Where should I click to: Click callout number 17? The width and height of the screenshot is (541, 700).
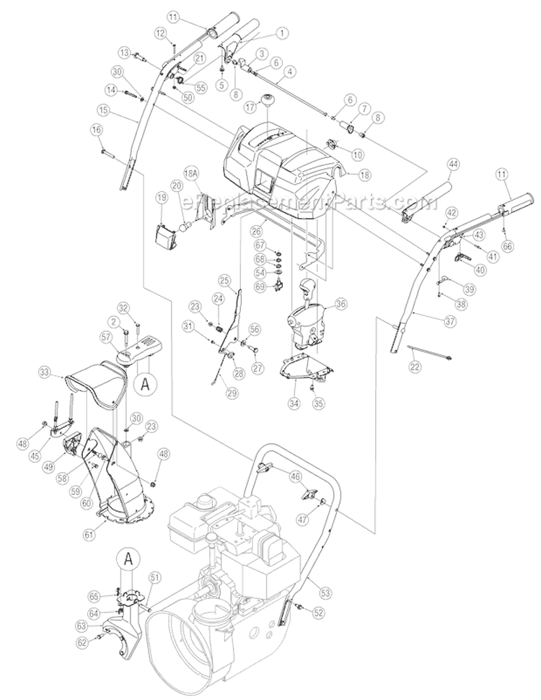(250, 105)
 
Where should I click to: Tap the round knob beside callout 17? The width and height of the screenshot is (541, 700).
(272, 100)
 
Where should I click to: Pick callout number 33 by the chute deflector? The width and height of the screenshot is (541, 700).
(46, 373)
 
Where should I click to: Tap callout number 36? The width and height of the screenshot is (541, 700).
(341, 305)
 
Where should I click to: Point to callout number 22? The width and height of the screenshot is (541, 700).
(415, 367)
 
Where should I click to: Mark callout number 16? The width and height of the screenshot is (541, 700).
(97, 129)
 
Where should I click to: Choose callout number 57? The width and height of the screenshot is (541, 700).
(105, 336)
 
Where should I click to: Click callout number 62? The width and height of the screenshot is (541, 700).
(82, 642)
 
